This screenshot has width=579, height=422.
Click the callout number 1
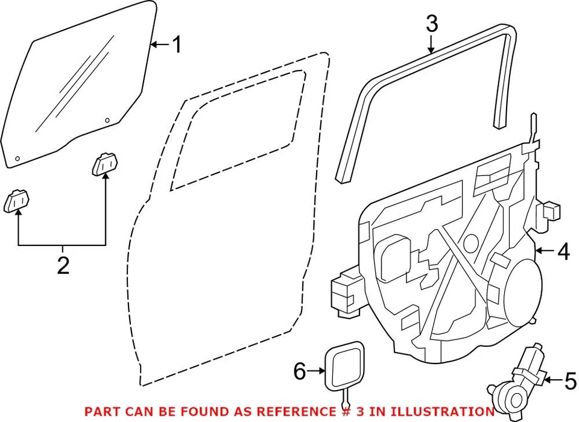[176, 44]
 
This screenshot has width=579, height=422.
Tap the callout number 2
[63, 265]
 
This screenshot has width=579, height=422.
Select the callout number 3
[431, 24]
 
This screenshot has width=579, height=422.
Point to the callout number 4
[563, 251]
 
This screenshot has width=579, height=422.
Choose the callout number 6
[300, 372]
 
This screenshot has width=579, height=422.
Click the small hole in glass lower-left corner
[17, 159]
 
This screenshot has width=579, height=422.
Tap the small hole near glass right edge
[107, 120]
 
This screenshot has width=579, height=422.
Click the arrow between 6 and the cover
[317, 372]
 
